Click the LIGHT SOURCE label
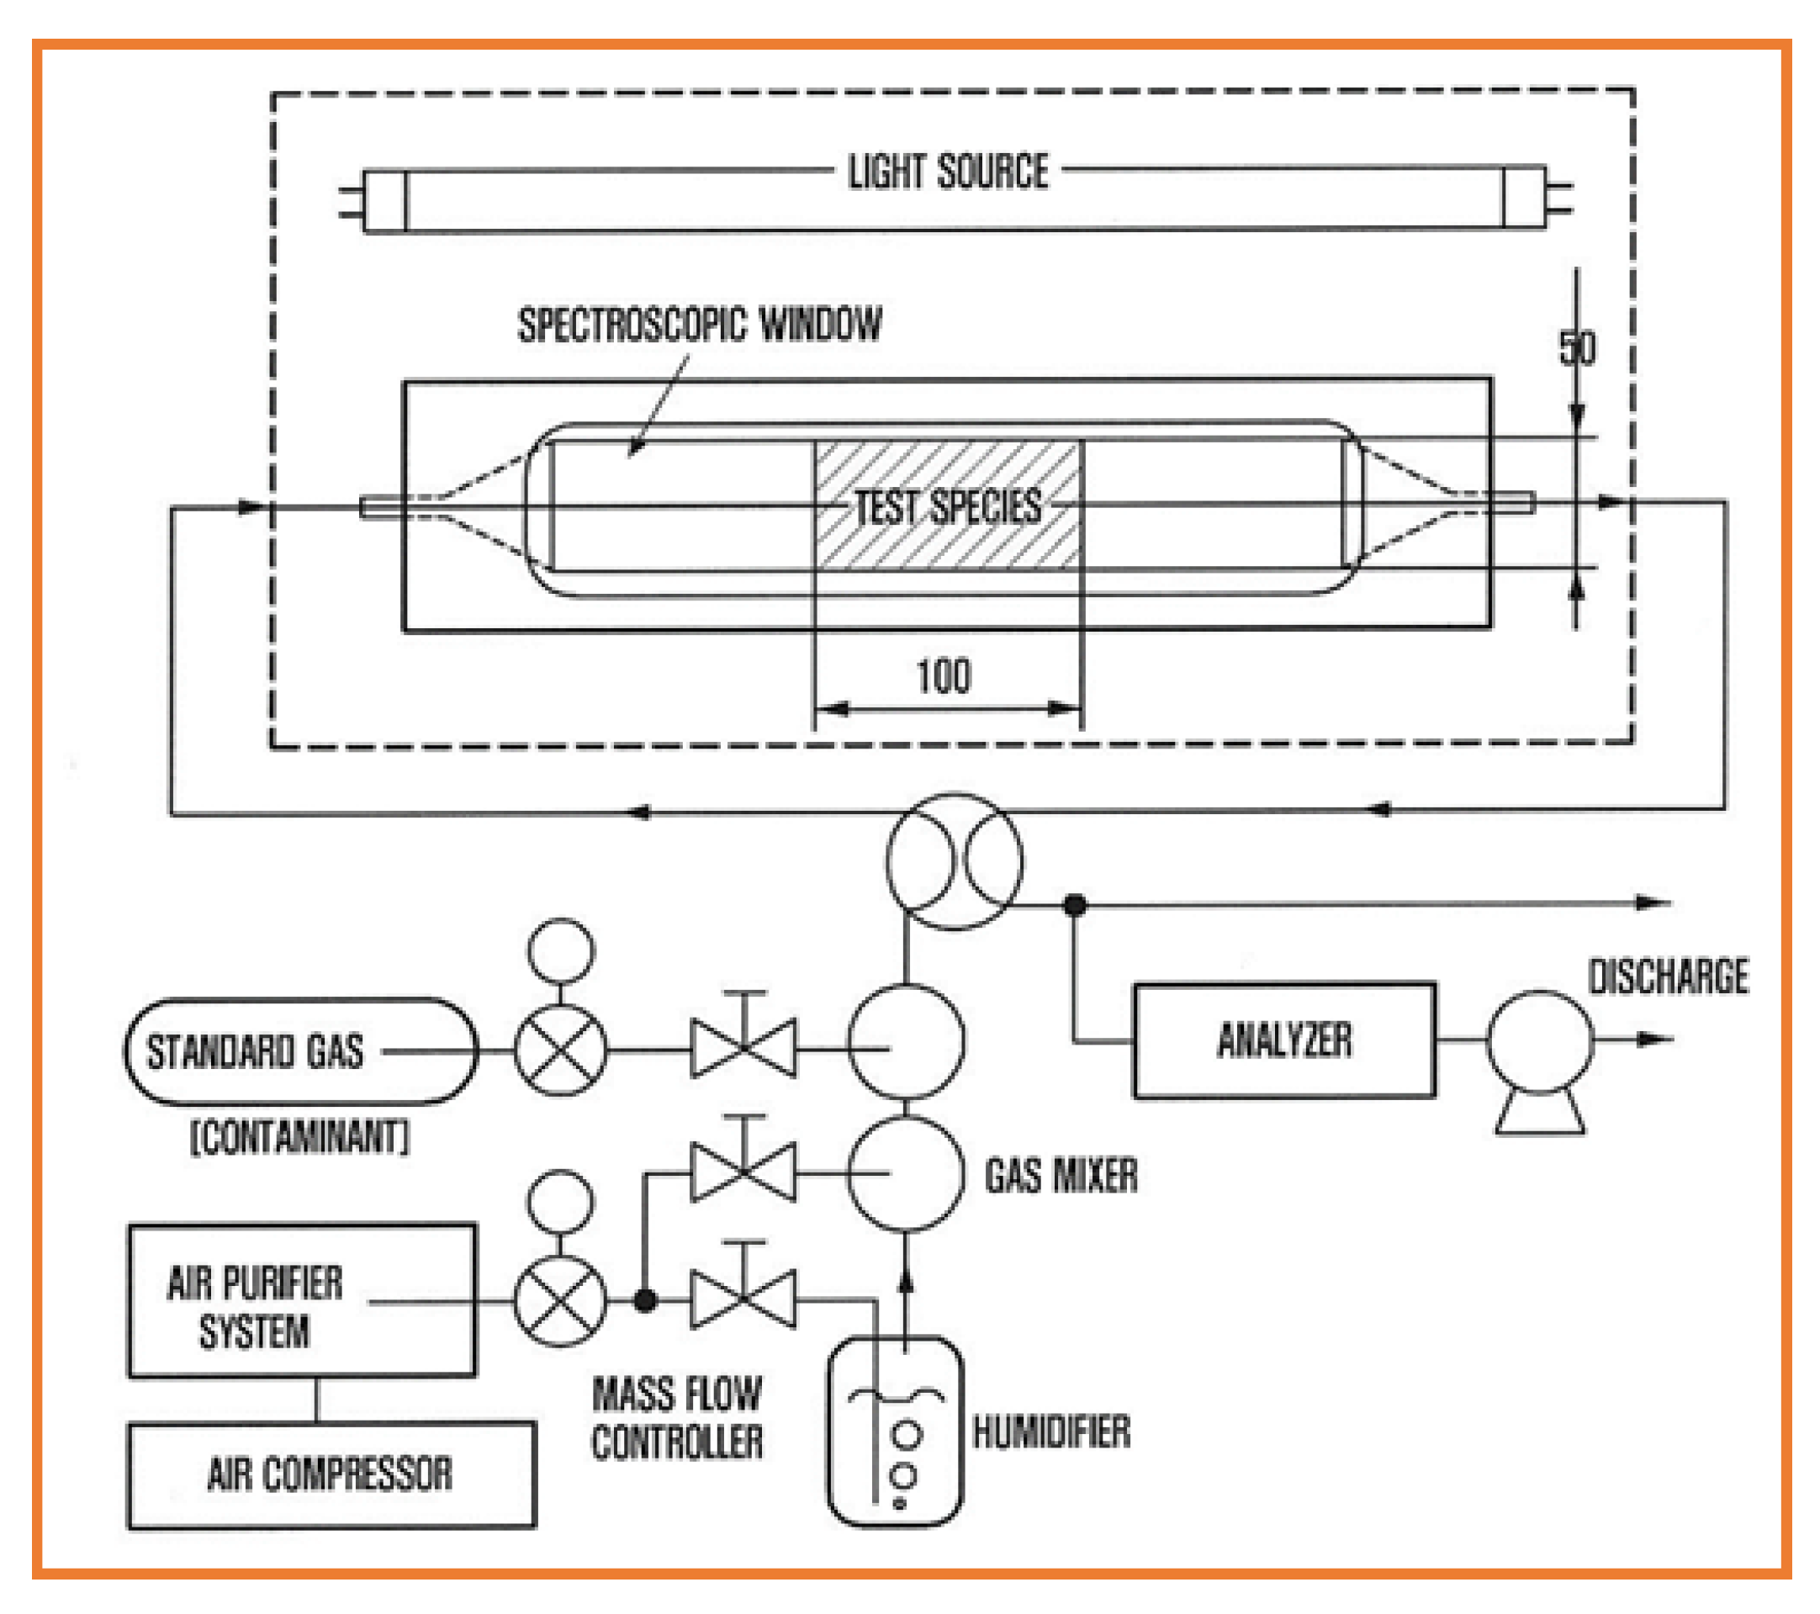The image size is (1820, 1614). click(x=947, y=172)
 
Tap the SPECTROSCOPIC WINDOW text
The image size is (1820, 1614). click(x=700, y=324)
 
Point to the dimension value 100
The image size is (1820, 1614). click(x=944, y=676)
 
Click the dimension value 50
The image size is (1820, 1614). click(x=1577, y=348)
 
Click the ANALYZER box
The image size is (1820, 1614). click(x=1283, y=1040)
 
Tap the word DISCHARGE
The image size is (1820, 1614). click(x=1668, y=976)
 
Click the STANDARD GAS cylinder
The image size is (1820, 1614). click(x=301, y=1051)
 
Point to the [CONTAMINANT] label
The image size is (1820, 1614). click(x=301, y=1138)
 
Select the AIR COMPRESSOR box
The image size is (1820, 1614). click(x=331, y=1474)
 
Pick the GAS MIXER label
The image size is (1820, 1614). click(x=1061, y=1175)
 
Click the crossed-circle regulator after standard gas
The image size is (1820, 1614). click(x=560, y=1051)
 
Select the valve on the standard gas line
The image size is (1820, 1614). click(x=743, y=1050)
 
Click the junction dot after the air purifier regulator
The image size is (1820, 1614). click(x=646, y=1301)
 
